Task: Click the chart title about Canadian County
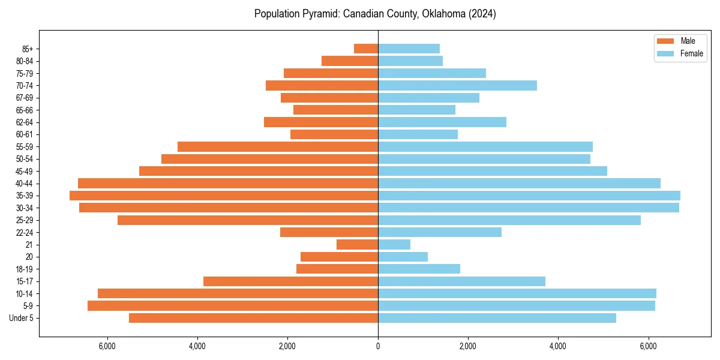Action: point(375,14)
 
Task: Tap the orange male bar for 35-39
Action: point(224,196)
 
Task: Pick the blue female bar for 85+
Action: point(409,49)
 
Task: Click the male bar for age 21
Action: point(357,244)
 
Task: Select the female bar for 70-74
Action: point(457,85)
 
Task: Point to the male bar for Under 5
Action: point(253,318)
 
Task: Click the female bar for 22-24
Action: point(440,232)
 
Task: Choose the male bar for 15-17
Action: point(290,281)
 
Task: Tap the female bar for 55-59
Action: point(485,146)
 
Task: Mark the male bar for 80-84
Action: point(350,61)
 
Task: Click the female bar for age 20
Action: point(403,257)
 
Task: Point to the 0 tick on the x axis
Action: point(378,346)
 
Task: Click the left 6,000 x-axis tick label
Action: point(107,346)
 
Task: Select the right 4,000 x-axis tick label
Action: point(558,346)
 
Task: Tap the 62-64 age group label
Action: point(25,122)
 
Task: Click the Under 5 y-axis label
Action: point(22,318)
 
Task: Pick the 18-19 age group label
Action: point(25,269)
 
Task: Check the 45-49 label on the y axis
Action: point(25,171)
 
